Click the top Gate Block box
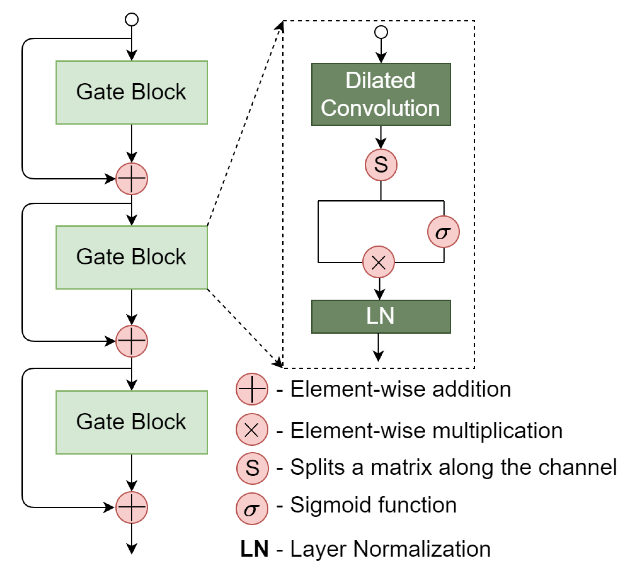(x=131, y=92)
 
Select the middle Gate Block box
(x=131, y=257)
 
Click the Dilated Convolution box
(x=381, y=94)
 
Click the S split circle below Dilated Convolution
(x=381, y=165)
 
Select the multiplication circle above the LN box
(x=378, y=262)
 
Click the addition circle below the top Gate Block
(x=131, y=179)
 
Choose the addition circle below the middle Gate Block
(x=131, y=341)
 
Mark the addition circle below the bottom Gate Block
(x=131, y=507)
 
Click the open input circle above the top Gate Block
(x=131, y=19)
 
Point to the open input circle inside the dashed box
(x=381, y=32)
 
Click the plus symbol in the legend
(x=252, y=389)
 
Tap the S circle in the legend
(x=252, y=468)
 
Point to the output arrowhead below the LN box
(x=378, y=356)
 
